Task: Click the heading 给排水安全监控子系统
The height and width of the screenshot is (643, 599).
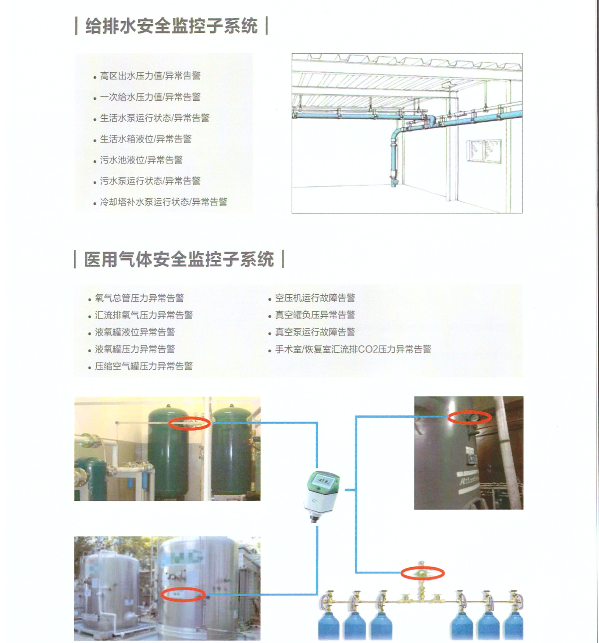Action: coord(171,26)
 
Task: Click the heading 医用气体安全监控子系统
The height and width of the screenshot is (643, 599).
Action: coord(179,259)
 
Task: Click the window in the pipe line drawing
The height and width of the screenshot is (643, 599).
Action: coord(484,151)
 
